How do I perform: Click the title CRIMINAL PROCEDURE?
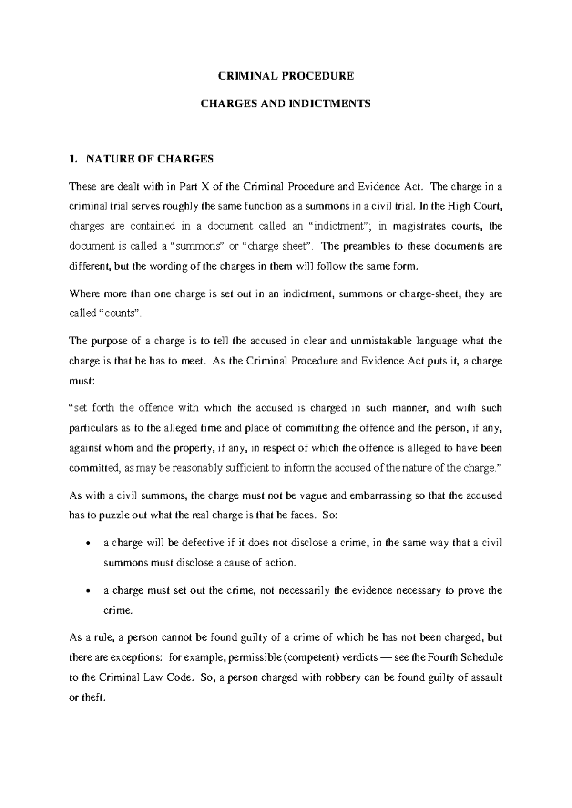286,76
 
